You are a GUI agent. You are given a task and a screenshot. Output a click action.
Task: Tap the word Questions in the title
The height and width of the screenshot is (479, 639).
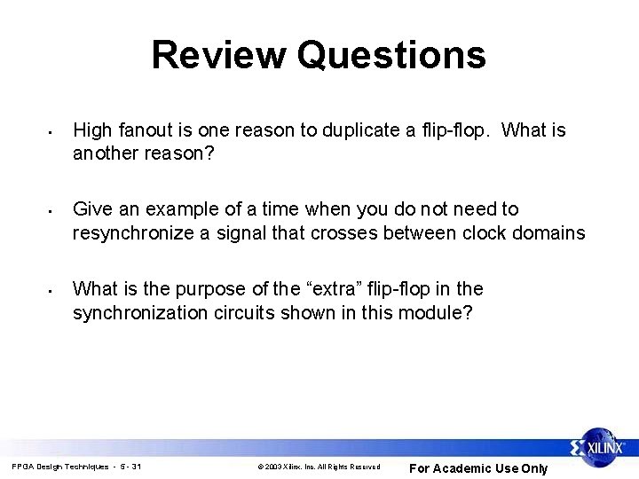tap(391, 54)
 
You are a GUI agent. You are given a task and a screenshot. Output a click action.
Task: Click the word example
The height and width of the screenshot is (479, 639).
tap(177, 209)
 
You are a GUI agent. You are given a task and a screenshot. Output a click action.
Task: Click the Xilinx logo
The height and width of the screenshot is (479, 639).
tap(601, 449)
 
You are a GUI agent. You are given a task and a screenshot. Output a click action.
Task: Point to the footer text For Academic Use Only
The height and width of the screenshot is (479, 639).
tap(478, 468)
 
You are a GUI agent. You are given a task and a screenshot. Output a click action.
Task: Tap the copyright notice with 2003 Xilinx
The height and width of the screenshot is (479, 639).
tap(318, 467)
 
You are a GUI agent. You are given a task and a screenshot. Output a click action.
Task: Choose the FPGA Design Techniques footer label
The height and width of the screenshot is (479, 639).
tap(75, 467)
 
